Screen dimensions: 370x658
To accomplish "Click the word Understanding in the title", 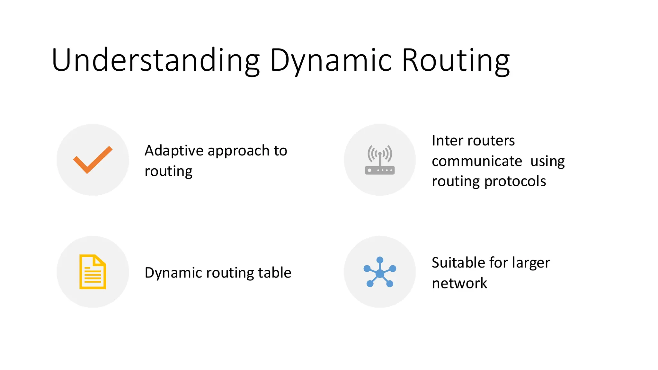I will click(156, 60).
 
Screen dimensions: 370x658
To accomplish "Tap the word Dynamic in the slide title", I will click(331, 60).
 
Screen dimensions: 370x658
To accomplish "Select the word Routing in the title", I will click(456, 60).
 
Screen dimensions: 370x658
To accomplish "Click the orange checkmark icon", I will click(93, 160).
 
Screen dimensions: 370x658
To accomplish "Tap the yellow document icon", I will click(93, 272).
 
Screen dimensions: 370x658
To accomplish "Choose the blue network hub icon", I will click(380, 272).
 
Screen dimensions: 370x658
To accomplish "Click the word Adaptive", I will click(174, 151).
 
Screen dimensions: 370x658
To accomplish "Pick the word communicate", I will click(477, 161).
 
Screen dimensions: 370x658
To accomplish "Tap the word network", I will click(459, 283).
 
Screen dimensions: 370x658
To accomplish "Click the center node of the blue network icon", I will click(380, 274).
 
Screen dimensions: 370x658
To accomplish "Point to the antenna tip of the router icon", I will click(380, 154).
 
